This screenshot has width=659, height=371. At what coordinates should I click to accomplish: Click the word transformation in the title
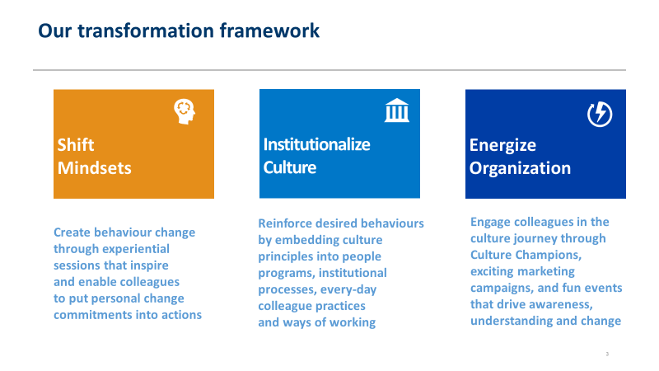pos(146,31)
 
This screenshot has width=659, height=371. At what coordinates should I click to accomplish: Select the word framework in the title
pos(269,31)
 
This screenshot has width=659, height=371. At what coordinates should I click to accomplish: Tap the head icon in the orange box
pos(185,111)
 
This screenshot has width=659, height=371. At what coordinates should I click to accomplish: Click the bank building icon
pos(397,110)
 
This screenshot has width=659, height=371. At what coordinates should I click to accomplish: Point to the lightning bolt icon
pos(600,114)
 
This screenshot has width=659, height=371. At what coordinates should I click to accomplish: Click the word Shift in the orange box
pos(76,145)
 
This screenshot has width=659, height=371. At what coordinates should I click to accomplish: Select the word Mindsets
pos(95,168)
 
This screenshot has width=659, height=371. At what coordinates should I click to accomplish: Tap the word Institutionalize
pos(317,144)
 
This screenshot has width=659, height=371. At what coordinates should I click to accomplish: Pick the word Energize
pos(502,146)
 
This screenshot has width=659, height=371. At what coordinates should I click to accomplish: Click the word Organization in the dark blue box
pos(521,169)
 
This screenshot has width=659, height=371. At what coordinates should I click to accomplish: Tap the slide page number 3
pos(607,355)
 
